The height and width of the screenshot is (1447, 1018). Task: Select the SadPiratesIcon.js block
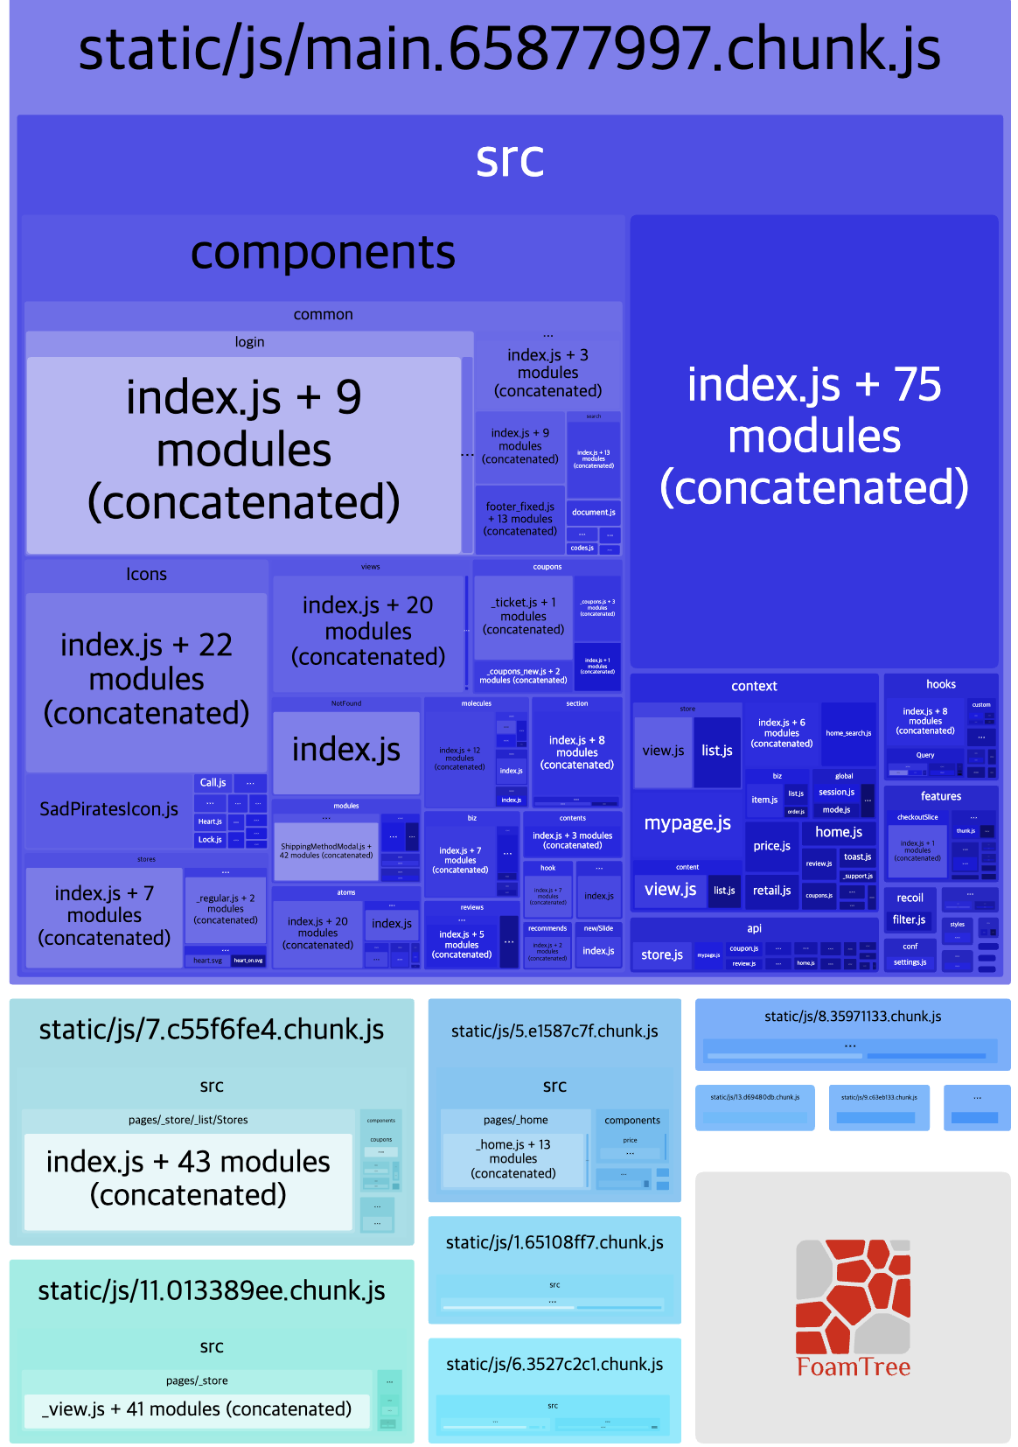(x=108, y=809)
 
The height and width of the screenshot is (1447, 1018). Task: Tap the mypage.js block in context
(x=687, y=823)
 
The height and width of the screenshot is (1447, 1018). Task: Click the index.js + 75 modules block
(x=813, y=437)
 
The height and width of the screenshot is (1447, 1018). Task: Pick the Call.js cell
(x=213, y=783)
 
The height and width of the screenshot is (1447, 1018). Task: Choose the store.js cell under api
(x=661, y=954)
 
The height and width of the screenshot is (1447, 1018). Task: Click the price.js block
(x=771, y=846)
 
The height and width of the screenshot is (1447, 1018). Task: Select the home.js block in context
(x=838, y=832)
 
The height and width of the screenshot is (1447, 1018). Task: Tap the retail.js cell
(x=771, y=891)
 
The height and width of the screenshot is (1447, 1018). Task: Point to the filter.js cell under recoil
(x=909, y=919)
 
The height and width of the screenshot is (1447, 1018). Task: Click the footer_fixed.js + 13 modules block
(x=520, y=519)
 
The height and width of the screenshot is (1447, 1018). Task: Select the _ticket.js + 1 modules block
(x=523, y=616)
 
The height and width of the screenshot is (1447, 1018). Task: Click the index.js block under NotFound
(x=346, y=751)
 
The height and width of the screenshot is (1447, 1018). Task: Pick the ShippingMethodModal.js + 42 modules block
(x=325, y=850)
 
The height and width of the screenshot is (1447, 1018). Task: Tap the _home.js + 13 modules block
(x=513, y=1159)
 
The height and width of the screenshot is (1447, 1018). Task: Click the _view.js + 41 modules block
(x=197, y=1409)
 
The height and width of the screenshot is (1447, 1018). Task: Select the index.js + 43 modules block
(x=188, y=1178)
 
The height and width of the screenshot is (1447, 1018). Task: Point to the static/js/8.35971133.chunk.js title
(x=853, y=1017)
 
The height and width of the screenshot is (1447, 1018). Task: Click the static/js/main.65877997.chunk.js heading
(x=509, y=49)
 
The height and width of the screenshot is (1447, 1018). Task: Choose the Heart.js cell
(x=210, y=821)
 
